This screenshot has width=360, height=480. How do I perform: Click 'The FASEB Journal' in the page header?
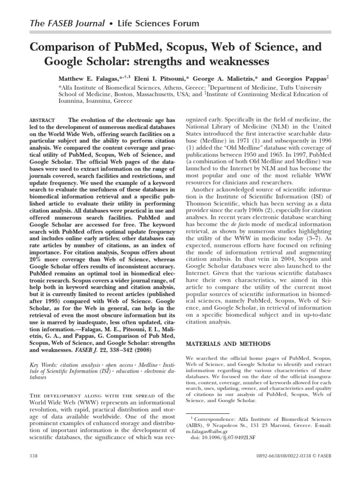click(61, 23)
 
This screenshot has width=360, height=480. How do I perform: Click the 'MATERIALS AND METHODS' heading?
click(229, 344)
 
